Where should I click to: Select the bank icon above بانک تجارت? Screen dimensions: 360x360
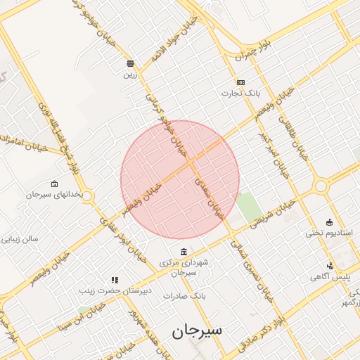click(x=240, y=82)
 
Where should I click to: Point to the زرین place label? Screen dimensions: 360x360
click(x=130, y=74)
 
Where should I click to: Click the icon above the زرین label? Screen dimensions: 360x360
click(x=130, y=63)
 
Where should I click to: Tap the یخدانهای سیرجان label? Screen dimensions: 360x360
click(x=55, y=193)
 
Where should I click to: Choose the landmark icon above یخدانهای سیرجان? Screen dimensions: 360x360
click(x=55, y=184)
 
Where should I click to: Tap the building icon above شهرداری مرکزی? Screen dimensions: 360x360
click(x=184, y=252)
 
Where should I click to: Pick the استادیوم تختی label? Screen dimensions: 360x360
click(x=330, y=232)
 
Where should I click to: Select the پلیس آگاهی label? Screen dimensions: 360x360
click(x=330, y=277)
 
